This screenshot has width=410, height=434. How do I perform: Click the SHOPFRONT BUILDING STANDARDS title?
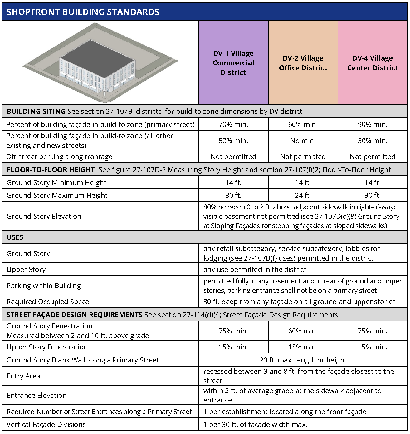(83, 12)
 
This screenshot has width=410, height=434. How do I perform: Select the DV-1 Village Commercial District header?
(233, 63)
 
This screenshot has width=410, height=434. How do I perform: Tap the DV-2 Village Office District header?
(303, 63)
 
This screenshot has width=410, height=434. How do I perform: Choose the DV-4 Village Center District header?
(373, 63)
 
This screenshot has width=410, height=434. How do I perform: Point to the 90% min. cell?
(373, 124)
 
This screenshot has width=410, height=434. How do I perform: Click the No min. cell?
(303, 141)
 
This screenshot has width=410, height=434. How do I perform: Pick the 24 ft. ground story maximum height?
(303, 195)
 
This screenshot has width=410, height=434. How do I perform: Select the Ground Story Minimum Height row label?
(56, 182)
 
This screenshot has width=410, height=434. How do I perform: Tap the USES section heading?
(15, 237)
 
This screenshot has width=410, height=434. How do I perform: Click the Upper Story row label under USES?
(26, 269)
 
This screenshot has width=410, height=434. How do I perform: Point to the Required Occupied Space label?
(48, 302)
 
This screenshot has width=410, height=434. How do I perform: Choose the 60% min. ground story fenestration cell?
(303, 331)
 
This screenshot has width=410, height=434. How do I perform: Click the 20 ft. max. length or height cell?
(303, 360)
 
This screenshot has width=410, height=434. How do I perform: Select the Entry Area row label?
(23, 376)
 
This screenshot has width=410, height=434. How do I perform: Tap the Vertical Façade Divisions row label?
(46, 424)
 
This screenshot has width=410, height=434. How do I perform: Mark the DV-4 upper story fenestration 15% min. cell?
(373, 347)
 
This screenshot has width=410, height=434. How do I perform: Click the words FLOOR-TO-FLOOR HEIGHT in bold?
(51, 170)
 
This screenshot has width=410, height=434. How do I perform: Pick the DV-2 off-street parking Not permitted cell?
(303, 157)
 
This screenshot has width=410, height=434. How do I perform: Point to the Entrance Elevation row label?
(37, 395)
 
